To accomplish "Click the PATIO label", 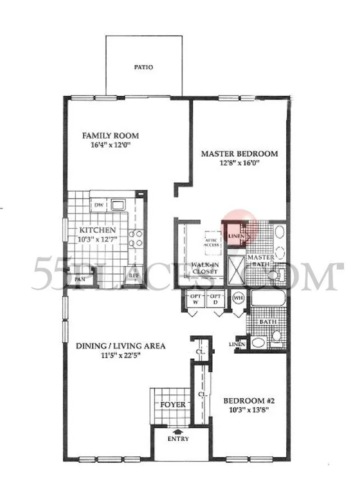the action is tap(143, 67).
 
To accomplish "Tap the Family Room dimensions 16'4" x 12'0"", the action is tap(111, 145).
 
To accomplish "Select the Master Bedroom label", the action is tap(239, 154).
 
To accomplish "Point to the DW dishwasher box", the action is tap(99, 205).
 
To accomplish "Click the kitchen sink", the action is tap(118, 205).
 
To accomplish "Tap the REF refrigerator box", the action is tap(134, 275).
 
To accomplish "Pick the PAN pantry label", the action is tap(80, 279).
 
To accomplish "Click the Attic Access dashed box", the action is tap(212, 243).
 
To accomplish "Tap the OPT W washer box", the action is tap(195, 299).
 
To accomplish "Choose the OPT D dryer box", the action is tap(216, 299).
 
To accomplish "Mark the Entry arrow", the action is tap(177, 432).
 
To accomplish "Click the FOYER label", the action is tap(173, 405).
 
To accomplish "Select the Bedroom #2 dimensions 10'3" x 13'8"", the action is tap(249, 410).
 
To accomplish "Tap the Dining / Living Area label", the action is tap(121, 346).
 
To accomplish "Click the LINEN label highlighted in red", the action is tap(236, 236).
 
